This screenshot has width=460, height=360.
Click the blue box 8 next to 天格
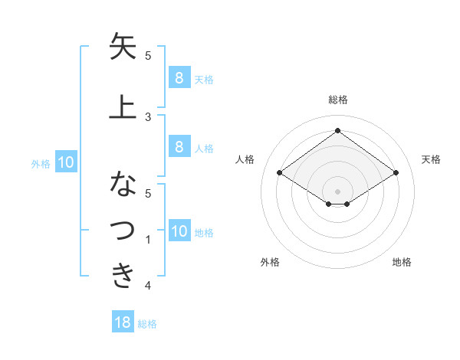179,77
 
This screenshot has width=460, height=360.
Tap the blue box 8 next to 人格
179,147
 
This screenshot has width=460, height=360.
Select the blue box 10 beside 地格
179,231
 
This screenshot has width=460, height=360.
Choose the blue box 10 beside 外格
65,162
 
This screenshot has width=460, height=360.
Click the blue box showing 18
123,322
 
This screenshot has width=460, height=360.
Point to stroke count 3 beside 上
148,116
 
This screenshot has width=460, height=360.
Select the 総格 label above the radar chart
337,100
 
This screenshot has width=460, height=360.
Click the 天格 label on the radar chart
431,159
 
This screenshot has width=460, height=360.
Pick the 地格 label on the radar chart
402,262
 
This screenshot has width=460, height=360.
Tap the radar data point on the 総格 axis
337,131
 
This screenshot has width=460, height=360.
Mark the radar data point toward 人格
280,173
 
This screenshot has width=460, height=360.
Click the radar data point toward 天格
396,173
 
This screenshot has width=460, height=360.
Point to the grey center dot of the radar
337,191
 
